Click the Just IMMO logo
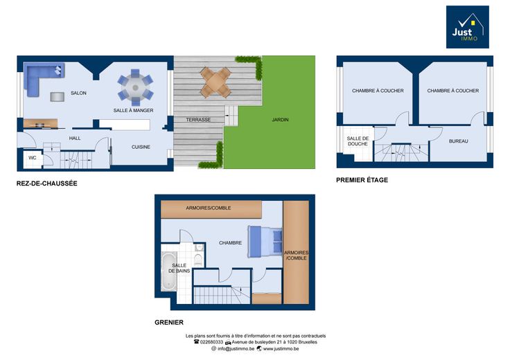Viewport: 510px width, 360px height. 468,27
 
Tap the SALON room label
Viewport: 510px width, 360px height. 79,93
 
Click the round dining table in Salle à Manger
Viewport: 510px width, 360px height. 136,87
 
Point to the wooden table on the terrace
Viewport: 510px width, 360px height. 216,82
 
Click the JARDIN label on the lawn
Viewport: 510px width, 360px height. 280,120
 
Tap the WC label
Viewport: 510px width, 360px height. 33,158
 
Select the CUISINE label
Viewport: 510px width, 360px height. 141,147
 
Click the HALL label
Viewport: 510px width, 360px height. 75,138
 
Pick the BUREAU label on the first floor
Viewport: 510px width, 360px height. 459,141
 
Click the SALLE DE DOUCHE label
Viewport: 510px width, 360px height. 358,141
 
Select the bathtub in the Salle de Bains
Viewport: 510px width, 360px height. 169,271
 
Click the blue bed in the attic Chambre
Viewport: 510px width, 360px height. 265,242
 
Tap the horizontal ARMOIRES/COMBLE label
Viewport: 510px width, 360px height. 209,208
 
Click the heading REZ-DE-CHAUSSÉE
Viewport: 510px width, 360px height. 47,183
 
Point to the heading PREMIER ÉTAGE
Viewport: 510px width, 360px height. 362,180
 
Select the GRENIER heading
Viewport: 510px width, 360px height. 169,323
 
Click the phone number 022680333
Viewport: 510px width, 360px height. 211,342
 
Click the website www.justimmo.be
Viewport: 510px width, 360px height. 281,349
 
